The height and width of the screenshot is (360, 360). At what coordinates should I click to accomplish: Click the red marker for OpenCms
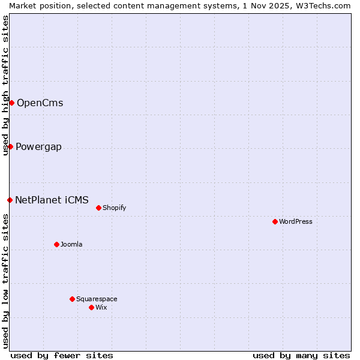click(x=11, y=103)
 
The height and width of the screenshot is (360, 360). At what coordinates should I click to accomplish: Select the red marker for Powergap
click(x=10, y=146)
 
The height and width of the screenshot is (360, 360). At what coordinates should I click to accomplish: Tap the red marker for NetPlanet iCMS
click(x=10, y=200)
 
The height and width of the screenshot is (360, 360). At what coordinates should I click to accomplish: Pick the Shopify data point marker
click(x=98, y=208)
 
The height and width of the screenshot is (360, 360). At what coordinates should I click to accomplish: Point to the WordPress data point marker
click(x=275, y=221)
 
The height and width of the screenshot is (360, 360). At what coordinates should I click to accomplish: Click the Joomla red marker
click(x=56, y=244)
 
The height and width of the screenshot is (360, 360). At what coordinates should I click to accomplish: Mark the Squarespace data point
click(x=72, y=299)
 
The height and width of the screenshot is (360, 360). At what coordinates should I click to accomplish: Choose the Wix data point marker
click(x=91, y=307)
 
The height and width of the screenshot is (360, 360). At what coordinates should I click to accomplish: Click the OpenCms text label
click(x=40, y=103)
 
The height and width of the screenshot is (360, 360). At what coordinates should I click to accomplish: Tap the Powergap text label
click(x=38, y=147)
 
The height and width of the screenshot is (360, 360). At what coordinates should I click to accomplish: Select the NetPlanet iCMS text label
click(x=52, y=200)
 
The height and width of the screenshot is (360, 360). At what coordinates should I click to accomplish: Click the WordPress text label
click(x=295, y=221)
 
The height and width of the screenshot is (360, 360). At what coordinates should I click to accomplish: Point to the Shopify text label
click(x=114, y=208)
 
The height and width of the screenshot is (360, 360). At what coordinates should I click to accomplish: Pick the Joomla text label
click(x=71, y=244)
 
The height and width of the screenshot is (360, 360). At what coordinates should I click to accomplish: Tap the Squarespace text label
click(x=97, y=299)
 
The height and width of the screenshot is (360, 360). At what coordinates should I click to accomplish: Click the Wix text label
click(x=101, y=307)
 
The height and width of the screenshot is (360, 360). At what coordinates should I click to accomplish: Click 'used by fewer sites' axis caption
click(x=62, y=355)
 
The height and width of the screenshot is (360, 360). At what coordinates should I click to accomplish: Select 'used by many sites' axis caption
click(x=301, y=355)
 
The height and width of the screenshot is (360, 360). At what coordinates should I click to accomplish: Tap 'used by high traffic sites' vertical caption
click(x=5, y=85)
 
